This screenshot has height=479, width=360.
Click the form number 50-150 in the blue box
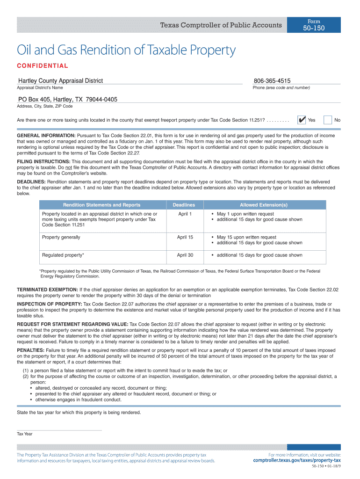tap(314, 28)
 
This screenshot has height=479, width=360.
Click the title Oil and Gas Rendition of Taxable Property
tap(126, 51)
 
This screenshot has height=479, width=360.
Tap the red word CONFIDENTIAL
tap(43, 66)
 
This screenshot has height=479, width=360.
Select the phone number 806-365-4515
tap(272, 81)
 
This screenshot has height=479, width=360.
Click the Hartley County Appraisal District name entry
tap(60, 81)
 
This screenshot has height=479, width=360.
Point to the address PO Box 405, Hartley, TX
tap(67, 99)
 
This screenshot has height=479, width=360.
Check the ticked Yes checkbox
tap(302, 120)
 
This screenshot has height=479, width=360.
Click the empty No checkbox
tap(328, 120)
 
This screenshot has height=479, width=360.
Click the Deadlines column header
tap(184, 205)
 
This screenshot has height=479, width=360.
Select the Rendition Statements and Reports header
tap(102, 205)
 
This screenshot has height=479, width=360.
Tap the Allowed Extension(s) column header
tap(264, 205)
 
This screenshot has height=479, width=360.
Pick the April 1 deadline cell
tap(185, 214)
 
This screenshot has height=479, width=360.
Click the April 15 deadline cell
tap(185, 237)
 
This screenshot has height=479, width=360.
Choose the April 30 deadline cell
tap(185, 255)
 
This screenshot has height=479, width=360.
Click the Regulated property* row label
tap(63, 255)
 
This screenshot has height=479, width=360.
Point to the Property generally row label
tap(61, 237)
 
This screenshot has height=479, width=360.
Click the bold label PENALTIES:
tap(31, 350)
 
